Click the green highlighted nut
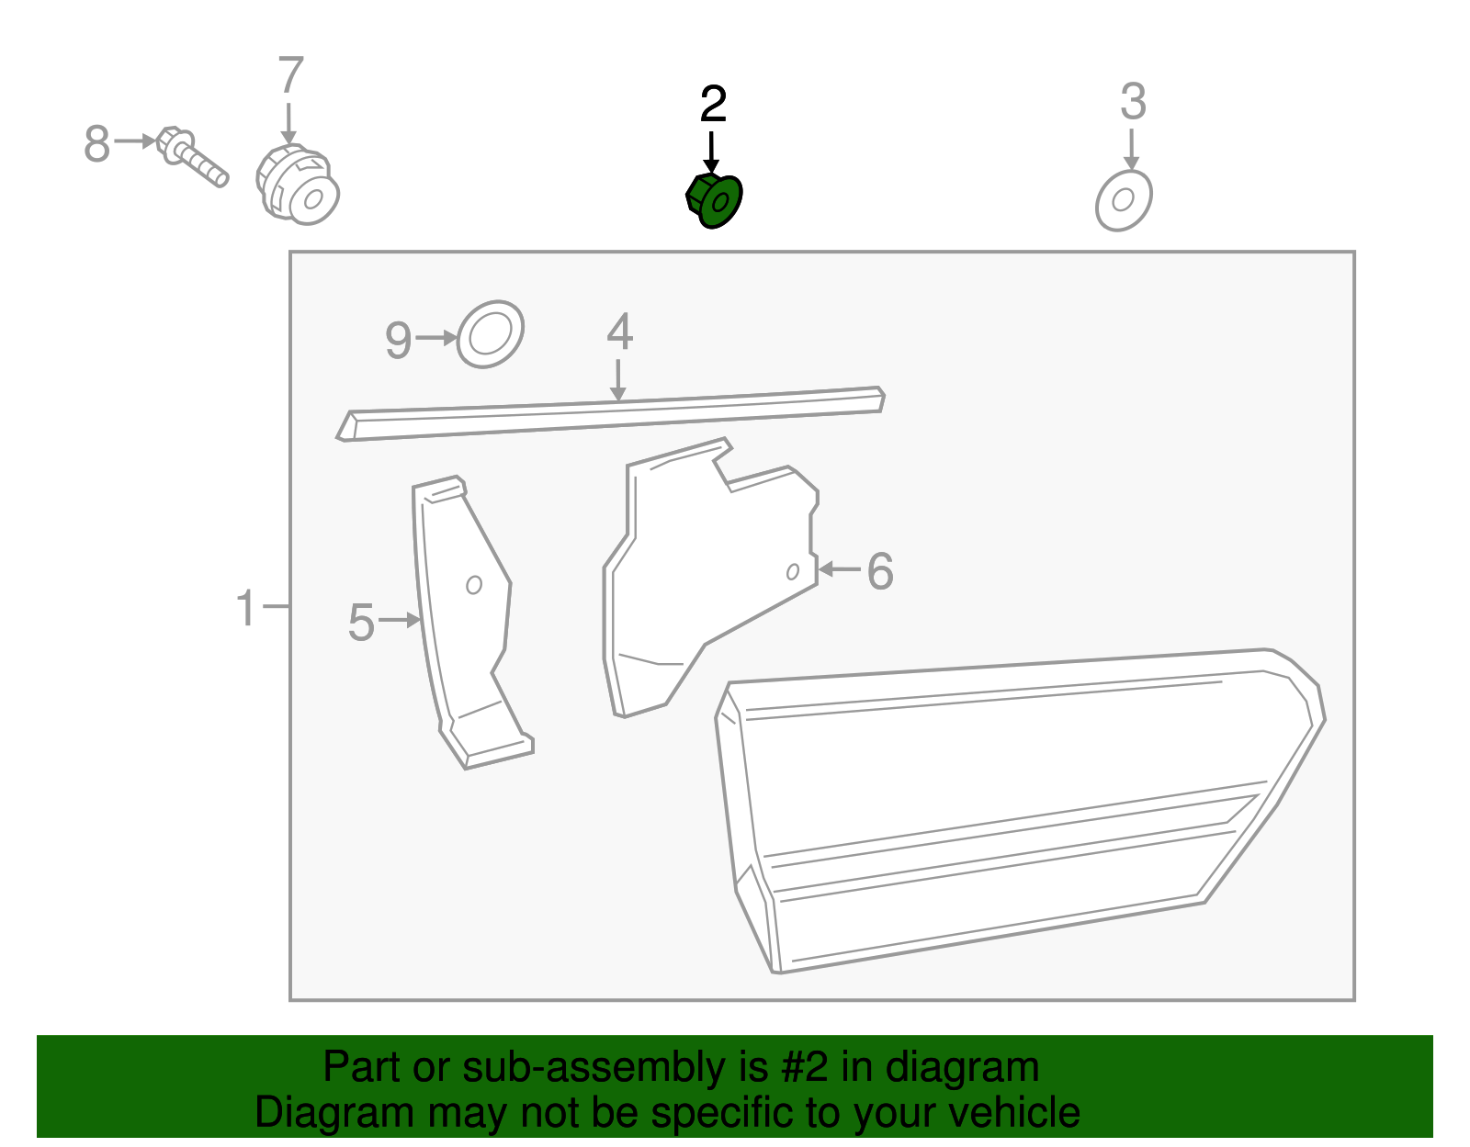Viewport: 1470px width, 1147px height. (714, 201)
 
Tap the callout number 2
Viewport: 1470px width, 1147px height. (713, 104)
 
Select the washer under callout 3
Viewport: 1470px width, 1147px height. (1124, 200)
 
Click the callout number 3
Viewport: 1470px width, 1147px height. (1133, 101)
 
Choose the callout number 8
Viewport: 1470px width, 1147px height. (96, 143)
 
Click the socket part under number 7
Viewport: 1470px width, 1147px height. (298, 185)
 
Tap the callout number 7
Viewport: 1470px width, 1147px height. (291, 74)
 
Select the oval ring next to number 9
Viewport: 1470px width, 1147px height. (491, 334)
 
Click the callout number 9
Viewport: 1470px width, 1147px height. (398, 340)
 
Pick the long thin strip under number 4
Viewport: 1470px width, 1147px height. (611, 413)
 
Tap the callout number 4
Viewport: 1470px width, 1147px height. (619, 332)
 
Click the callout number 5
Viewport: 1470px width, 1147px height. (361, 623)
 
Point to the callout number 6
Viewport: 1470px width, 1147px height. (880, 571)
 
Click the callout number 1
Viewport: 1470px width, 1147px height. (245, 608)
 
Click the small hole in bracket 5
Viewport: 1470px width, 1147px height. (474, 585)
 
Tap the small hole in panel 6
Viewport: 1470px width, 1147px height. (793, 572)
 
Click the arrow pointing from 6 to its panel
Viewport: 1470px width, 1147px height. (840, 569)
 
